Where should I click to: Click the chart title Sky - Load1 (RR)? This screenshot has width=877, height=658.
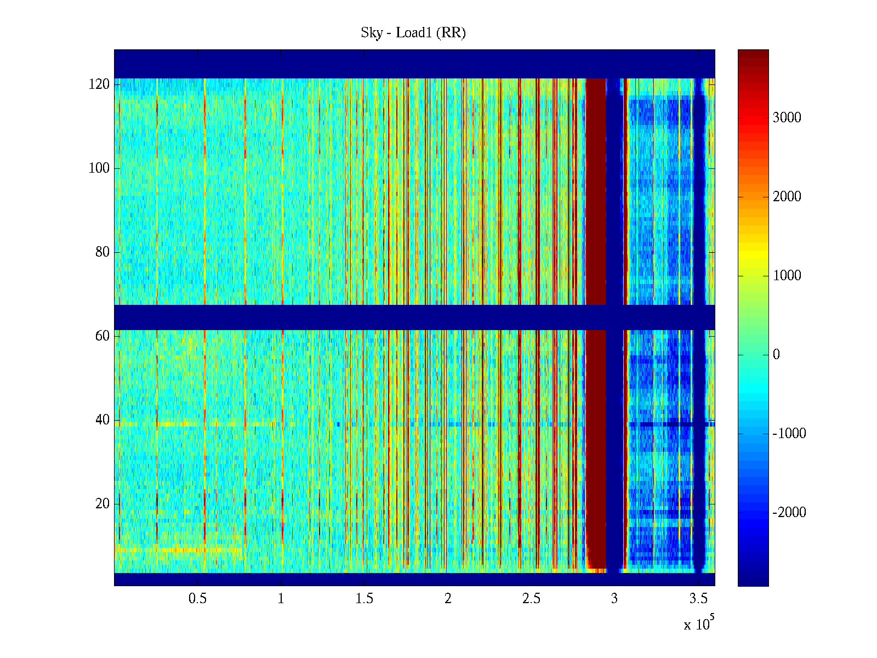click(413, 33)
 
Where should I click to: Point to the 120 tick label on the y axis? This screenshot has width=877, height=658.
click(99, 84)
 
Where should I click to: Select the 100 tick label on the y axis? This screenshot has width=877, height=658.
click(99, 168)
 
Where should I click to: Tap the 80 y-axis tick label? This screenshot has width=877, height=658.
click(102, 252)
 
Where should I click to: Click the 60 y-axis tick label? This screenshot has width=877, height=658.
click(102, 336)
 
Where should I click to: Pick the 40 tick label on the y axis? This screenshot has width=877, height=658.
click(102, 420)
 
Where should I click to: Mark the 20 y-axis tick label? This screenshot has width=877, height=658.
click(102, 504)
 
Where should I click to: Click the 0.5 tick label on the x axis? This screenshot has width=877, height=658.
click(197, 599)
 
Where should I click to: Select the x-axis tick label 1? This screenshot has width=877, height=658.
click(281, 599)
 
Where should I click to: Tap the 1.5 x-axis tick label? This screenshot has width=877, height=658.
click(365, 599)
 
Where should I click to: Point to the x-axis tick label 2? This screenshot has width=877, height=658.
click(448, 599)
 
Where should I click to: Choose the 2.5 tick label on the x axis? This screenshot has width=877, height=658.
click(531, 599)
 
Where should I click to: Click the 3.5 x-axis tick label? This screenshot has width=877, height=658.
click(698, 599)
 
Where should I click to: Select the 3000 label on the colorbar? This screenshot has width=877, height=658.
click(787, 118)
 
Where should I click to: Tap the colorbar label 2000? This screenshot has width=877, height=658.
click(787, 197)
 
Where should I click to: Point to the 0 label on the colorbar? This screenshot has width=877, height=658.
click(776, 355)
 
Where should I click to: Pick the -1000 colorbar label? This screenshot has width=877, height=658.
click(789, 434)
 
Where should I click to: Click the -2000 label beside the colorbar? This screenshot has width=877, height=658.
click(789, 513)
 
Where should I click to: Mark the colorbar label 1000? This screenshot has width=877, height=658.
click(787, 276)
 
